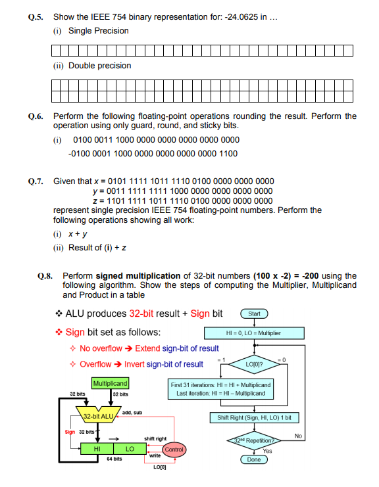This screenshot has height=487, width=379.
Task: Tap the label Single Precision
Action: click(99, 31)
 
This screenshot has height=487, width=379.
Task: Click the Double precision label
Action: click(100, 66)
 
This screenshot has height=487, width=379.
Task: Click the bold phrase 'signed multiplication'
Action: click(138, 276)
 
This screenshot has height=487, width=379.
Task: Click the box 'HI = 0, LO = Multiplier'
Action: click(253, 333)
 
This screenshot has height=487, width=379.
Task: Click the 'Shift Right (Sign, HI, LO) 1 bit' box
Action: click(254, 417)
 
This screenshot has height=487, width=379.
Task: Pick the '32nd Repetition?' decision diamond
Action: click(254, 440)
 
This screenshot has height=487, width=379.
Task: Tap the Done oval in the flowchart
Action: click(254, 460)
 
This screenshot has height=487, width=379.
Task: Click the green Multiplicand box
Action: click(110, 383)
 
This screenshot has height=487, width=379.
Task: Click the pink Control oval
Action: click(174, 450)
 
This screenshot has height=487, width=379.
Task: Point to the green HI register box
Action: click(97, 449)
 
